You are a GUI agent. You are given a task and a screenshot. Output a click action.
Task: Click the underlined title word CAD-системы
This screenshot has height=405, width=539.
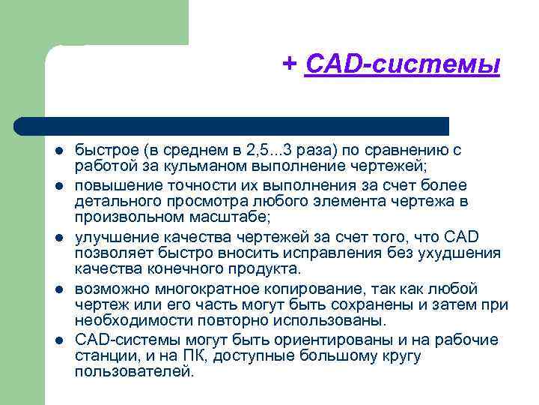(x=403, y=64)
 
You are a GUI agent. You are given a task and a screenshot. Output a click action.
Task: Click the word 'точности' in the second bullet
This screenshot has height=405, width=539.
(x=180, y=184)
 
